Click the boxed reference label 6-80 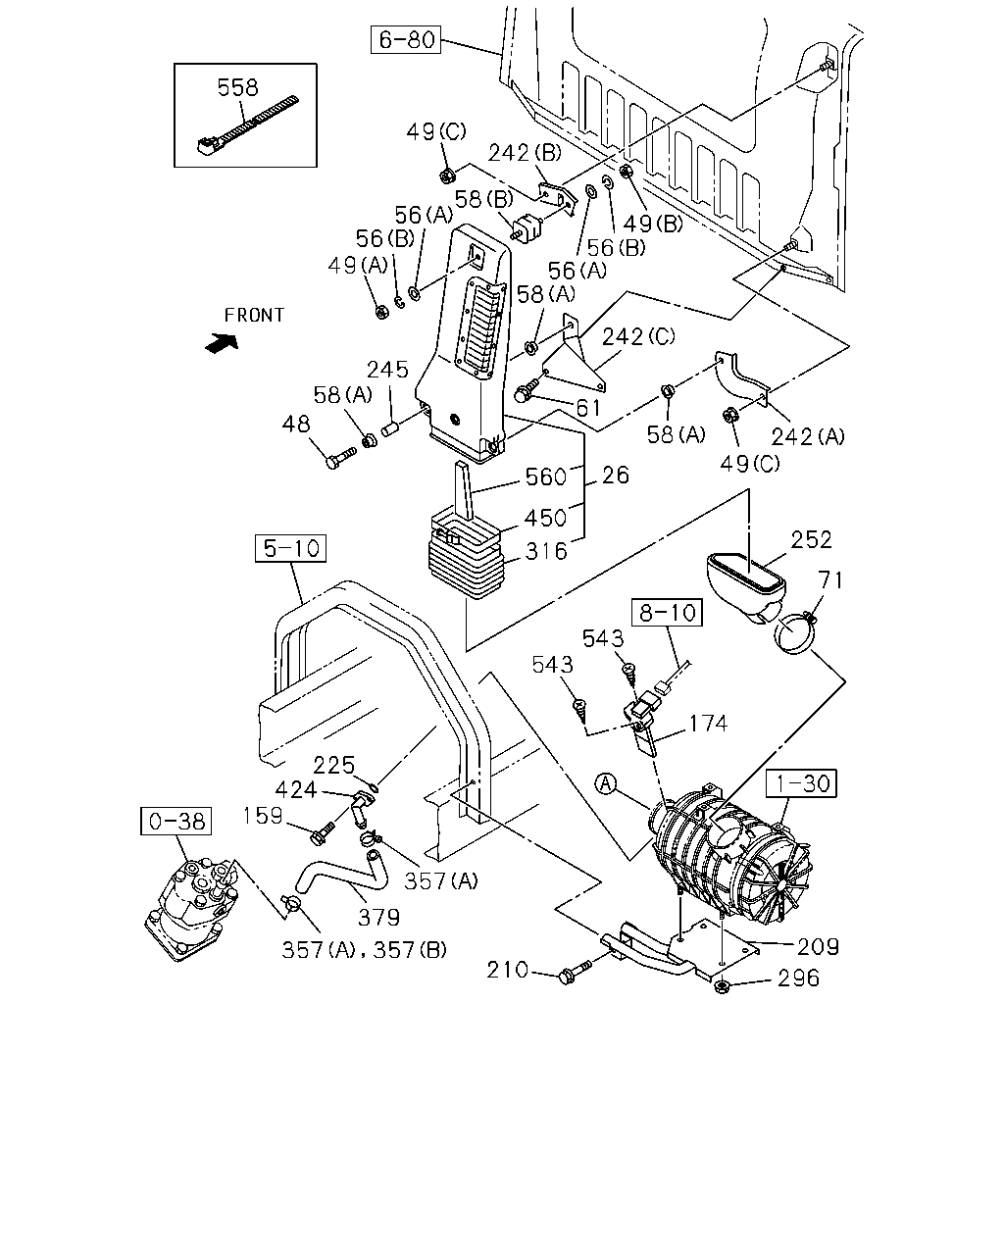tap(406, 39)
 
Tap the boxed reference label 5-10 tap(290, 548)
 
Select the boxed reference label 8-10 tap(668, 613)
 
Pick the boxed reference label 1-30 tap(802, 783)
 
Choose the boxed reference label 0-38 tap(176, 821)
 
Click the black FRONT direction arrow tap(223, 343)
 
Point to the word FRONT tap(254, 315)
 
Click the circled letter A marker tap(606, 783)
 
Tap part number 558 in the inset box tap(237, 87)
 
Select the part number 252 tap(811, 539)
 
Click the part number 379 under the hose tap(378, 918)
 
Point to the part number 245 tap(387, 370)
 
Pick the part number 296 tap(798, 978)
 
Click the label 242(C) tap(638, 336)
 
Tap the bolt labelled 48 tap(340, 457)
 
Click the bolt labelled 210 tap(575, 973)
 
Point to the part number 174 tap(708, 724)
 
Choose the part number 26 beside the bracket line tap(616, 476)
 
